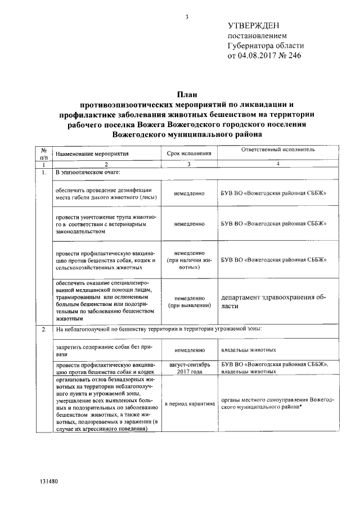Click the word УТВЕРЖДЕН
253,25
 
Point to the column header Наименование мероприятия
92,153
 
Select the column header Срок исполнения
189,153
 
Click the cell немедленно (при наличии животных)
189,260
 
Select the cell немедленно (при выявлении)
189,302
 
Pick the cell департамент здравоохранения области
273,302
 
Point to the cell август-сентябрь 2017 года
189,368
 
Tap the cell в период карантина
189,404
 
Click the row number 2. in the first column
43,329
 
